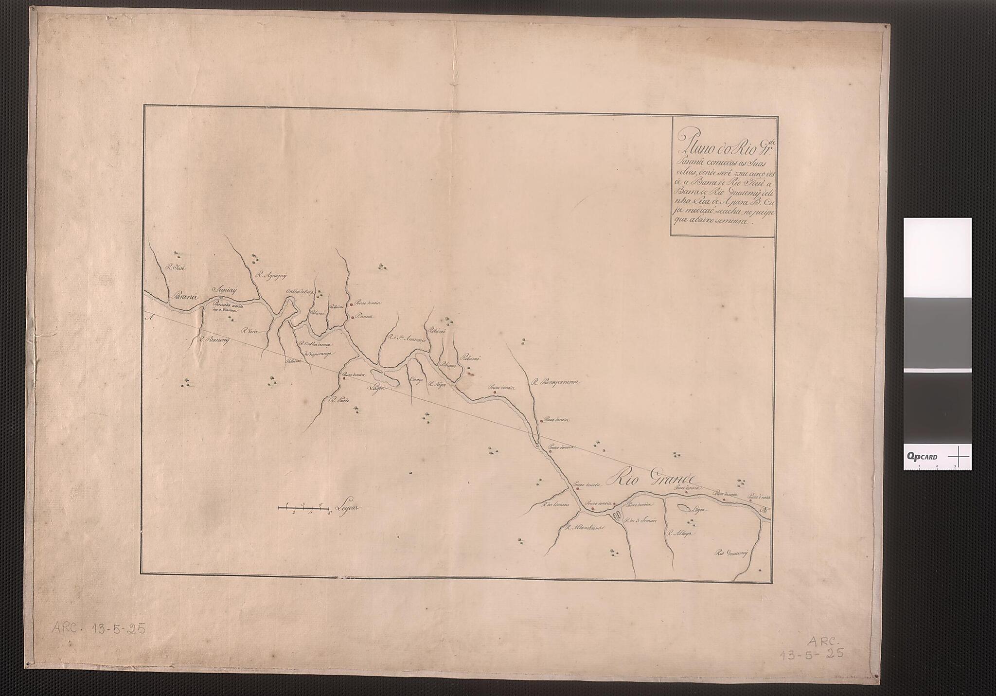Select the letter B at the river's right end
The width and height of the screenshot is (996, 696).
point(762,511)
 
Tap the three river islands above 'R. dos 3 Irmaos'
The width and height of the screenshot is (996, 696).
point(617,515)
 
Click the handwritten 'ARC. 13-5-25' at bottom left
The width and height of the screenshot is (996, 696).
point(99,629)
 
